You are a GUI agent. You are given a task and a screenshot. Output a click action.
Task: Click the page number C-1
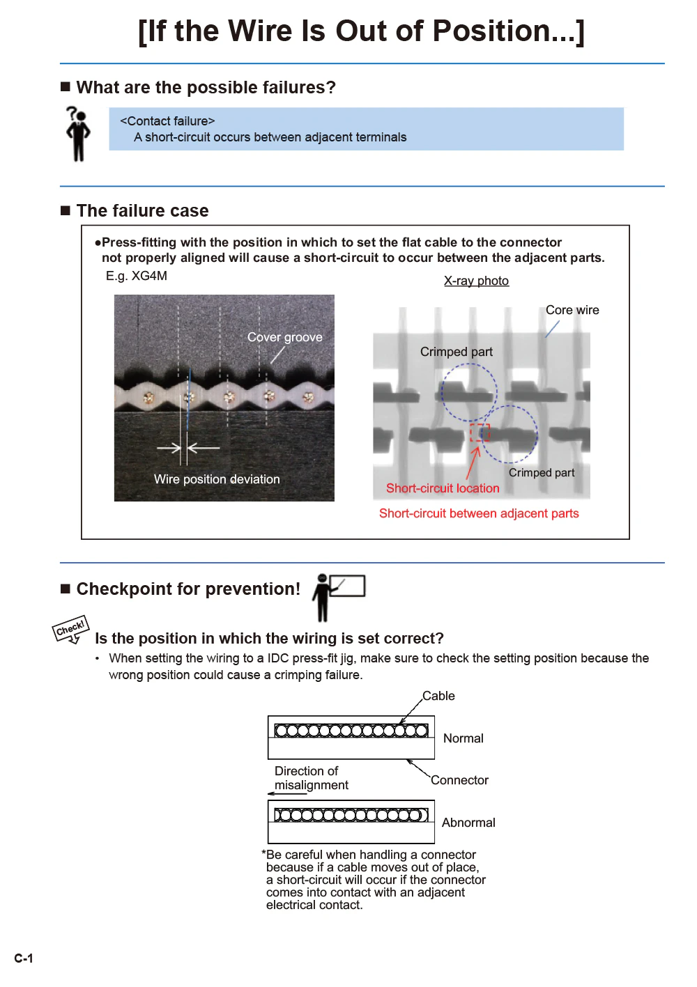pyautogui.click(x=24, y=958)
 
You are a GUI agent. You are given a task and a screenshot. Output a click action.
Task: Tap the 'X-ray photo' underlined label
pyautogui.click(x=476, y=281)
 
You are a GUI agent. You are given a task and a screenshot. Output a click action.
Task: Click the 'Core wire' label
pyautogui.click(x=572, y=310)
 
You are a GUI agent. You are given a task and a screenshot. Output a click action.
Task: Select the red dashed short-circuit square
pyautogui.click(x=480, y=433)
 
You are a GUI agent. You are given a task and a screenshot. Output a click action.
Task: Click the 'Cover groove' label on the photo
pyautogui.click(x=285, y=337)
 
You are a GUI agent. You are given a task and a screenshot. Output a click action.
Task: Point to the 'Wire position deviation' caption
pyautogui.click(x=217, y=479)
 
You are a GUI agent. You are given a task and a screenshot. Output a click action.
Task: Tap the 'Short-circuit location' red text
pyautogui.click(x=443, y=488)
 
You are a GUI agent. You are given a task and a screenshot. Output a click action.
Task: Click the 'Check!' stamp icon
pyautogui.click(x=70, y=629)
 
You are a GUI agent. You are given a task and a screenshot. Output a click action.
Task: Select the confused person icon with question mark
pyautogui.click(x=78, y=133)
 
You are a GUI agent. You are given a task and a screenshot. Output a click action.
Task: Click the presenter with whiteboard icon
pyautogui.click(x=337, y=596)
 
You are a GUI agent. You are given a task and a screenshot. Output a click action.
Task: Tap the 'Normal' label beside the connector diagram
pyautogui.click(x=463, y=738)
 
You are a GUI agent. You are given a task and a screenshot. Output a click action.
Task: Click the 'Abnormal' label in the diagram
pyautogui.click(x=468, y=823)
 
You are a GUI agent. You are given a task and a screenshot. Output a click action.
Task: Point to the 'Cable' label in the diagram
pyautogui.click(x=438, y=696)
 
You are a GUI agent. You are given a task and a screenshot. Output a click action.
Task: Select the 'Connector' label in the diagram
pyautogui.click(x=459, y=780)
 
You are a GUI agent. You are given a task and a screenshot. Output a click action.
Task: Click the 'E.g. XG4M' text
pyautogui.click(x=137, y=276)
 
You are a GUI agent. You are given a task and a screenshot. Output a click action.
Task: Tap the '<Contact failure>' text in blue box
pyautogui.click(x=167, y=121)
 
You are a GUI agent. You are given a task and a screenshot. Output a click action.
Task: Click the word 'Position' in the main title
pyautogui.click(x=492, y=31)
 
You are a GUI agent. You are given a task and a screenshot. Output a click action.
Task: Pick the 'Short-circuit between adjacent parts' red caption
pyautogui.click(x=479, y=513)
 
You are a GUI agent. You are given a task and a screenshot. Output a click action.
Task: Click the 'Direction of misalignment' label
pyautogui.click(x=311, y=778)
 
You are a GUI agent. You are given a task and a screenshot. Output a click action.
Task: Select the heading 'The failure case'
pyautogui.click(x=142, y=211)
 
